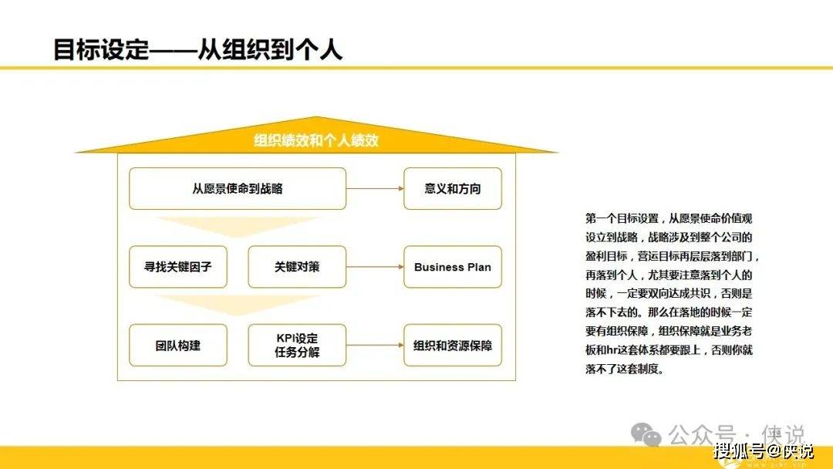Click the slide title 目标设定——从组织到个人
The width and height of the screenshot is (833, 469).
click(x=197, y=49)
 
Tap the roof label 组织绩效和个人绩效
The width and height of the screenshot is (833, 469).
click(x=316, y=140)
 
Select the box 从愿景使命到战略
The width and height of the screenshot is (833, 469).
click(x=238, y=188)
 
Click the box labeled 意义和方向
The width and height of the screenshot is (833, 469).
click(x=453, y=188)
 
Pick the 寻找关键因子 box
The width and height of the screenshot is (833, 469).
click(x=178, y=267)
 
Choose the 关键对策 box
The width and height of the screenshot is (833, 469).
click(x=297, y=267)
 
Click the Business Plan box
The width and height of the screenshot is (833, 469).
click(x=453, y=267)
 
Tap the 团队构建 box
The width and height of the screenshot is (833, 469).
click(x=178, y=346)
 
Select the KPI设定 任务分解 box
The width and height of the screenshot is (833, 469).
click(x=297, y=346)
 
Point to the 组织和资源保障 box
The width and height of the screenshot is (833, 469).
click(x=453, y=346)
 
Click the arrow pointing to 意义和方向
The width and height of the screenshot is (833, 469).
click(x=375, y=188)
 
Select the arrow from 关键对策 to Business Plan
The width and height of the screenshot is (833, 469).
click(x=375, y=267)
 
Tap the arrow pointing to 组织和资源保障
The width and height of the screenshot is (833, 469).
click(x=375, y=346)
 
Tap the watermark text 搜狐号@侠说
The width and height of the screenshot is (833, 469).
click(x=763, y=451)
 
